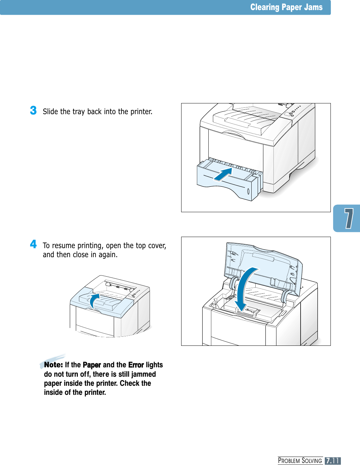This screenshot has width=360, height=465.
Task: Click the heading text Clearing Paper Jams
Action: pos(286,7)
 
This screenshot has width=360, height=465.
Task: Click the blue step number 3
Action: pos(33,110)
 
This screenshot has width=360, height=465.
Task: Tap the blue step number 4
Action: pos(33,244)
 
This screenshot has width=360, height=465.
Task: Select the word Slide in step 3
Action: pos(50,111)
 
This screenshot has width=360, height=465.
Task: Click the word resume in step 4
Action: pos(64,245)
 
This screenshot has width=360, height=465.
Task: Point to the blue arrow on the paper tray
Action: pos(223,174)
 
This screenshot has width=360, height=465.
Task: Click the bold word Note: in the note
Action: pos(54,365)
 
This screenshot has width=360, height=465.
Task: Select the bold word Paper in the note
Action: pos(92,365)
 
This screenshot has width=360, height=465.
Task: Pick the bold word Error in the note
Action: pos(136,365)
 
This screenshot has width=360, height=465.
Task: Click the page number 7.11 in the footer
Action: pos(332,461)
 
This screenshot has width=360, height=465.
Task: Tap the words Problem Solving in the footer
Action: pos(300,461)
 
